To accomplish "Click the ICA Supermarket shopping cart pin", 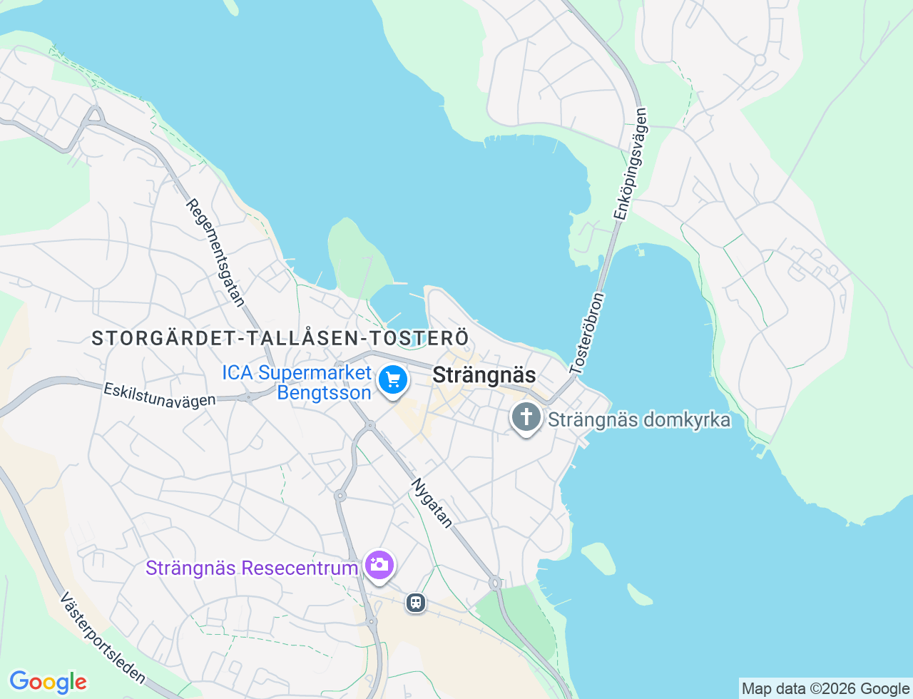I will tap(393, 379).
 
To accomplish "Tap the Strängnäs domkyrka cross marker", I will tap(526, 417).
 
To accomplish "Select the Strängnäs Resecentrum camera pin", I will tap(379, 566).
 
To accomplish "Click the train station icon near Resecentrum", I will tap(415, 603).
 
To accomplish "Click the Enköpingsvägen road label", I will tap(631, 163).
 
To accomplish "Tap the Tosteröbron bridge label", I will tap(587, 333).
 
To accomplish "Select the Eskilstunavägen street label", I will tap(159, 396).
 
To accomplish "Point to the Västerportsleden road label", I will tap(103, 638).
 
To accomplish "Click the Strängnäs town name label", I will tap(484, 374).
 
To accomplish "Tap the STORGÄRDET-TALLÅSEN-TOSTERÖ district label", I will tap(280, 338).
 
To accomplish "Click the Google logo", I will tap(48, 682).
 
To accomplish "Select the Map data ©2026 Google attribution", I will tap(825, 688).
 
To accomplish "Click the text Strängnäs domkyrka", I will tap(639, 419).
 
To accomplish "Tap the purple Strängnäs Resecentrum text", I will tap(251, 568).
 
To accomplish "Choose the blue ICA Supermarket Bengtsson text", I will tap(297, 382).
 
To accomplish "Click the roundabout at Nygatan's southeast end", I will tap(495, 583).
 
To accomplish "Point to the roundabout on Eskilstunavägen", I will tap(249, 397).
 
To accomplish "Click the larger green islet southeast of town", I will tap(598, 558).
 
